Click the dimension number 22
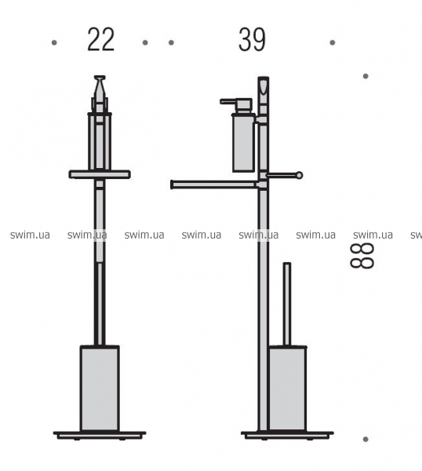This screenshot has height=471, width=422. point(101,40)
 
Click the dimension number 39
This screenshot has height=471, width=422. point(252,40)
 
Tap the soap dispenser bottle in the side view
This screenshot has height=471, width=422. point(243,143)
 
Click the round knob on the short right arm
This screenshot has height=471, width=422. point(299,175)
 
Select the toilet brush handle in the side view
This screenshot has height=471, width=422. point(287,304)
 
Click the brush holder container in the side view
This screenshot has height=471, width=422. point(288,389)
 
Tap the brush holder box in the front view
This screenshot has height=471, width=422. point(100,388)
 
